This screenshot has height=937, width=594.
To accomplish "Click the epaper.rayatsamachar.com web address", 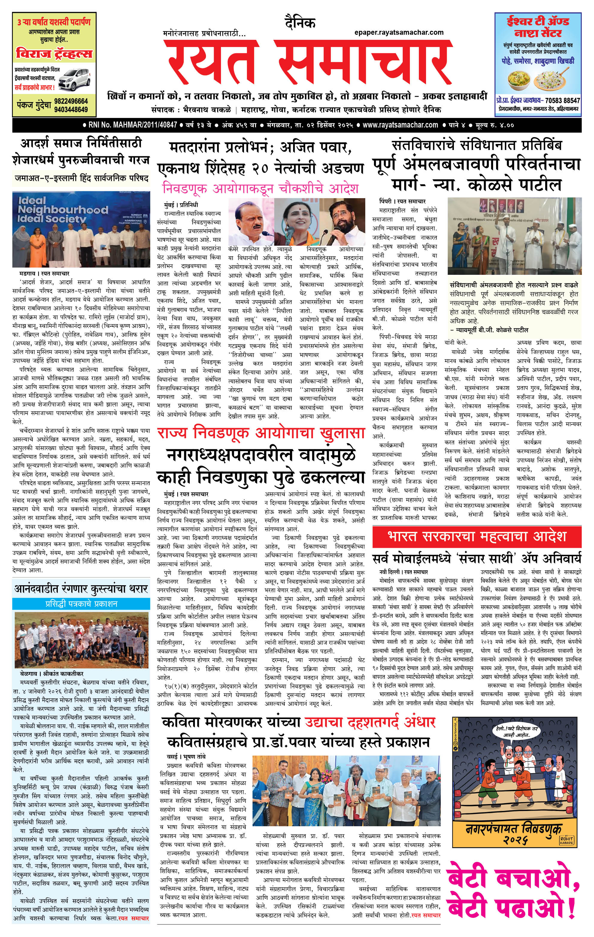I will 399,33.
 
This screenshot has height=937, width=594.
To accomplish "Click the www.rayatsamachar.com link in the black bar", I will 400,125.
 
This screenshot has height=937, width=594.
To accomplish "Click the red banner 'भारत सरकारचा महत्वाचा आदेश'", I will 477,536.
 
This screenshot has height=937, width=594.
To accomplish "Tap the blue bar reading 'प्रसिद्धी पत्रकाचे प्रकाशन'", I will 81,604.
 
